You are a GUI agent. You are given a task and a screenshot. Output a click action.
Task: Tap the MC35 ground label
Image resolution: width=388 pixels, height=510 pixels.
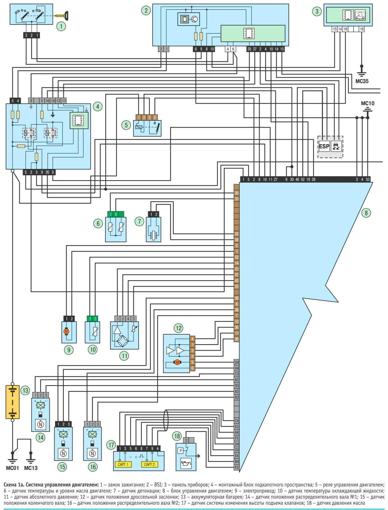(x=362, y=81)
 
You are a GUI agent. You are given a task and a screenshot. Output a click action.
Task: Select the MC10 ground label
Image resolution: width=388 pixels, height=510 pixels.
(x=368, y=103)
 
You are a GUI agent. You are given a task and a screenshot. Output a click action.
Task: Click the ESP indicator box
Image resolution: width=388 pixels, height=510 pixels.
(x=324, y=146)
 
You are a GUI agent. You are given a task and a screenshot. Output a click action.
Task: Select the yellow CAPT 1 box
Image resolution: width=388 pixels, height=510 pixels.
(x=123, y=464)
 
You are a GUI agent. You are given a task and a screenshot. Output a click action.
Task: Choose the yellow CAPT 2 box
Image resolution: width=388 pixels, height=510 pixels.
(x=149, y=464)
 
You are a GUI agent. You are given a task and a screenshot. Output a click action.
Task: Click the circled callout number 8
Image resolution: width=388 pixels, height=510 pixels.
(x=366, y=213)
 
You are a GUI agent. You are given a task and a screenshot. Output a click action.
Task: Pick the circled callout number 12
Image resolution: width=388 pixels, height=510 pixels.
(x=179, y=328)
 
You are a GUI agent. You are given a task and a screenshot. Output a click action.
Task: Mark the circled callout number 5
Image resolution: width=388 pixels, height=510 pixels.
(x=126, y=125)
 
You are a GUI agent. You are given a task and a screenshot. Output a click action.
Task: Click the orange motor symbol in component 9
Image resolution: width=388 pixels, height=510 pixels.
(x=66, y=331)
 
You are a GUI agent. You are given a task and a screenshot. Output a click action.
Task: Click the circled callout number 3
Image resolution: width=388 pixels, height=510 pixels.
(x=317, y=11)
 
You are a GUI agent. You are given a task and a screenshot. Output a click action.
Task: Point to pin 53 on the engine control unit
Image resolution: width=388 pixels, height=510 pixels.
(x=367, y=179)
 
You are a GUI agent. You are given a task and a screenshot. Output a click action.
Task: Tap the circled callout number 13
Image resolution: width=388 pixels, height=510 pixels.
(x=25, y=391)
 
